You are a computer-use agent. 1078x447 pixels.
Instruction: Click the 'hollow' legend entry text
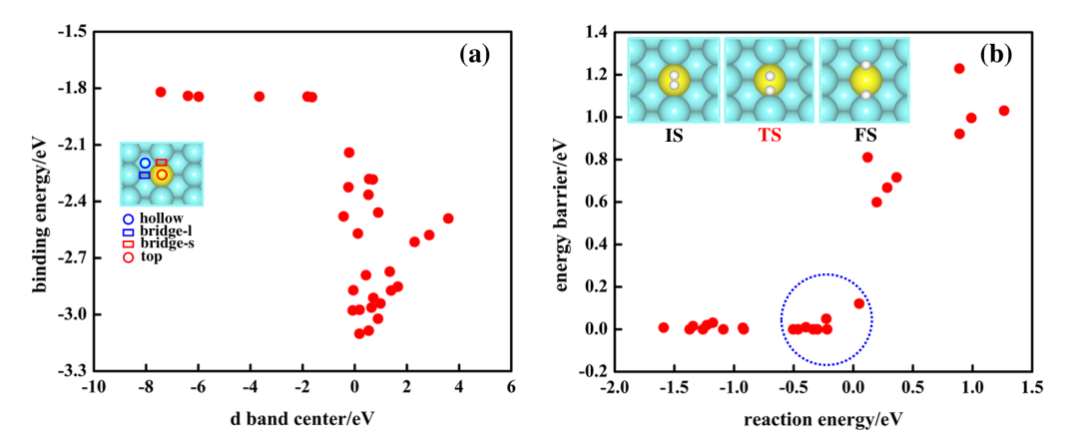pyautogui.click(x=161, y=219)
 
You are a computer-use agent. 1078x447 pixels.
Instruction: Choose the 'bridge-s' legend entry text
pyautogui.click(x=167, y=244)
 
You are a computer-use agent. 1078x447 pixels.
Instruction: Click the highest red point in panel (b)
pyautogui.click(x=959, y=69)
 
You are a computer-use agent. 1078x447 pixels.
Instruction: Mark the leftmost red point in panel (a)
pyautogui.click(x=161, y=92)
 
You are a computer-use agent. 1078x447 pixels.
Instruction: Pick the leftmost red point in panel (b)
pyautogui.click(x=663, y=327)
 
